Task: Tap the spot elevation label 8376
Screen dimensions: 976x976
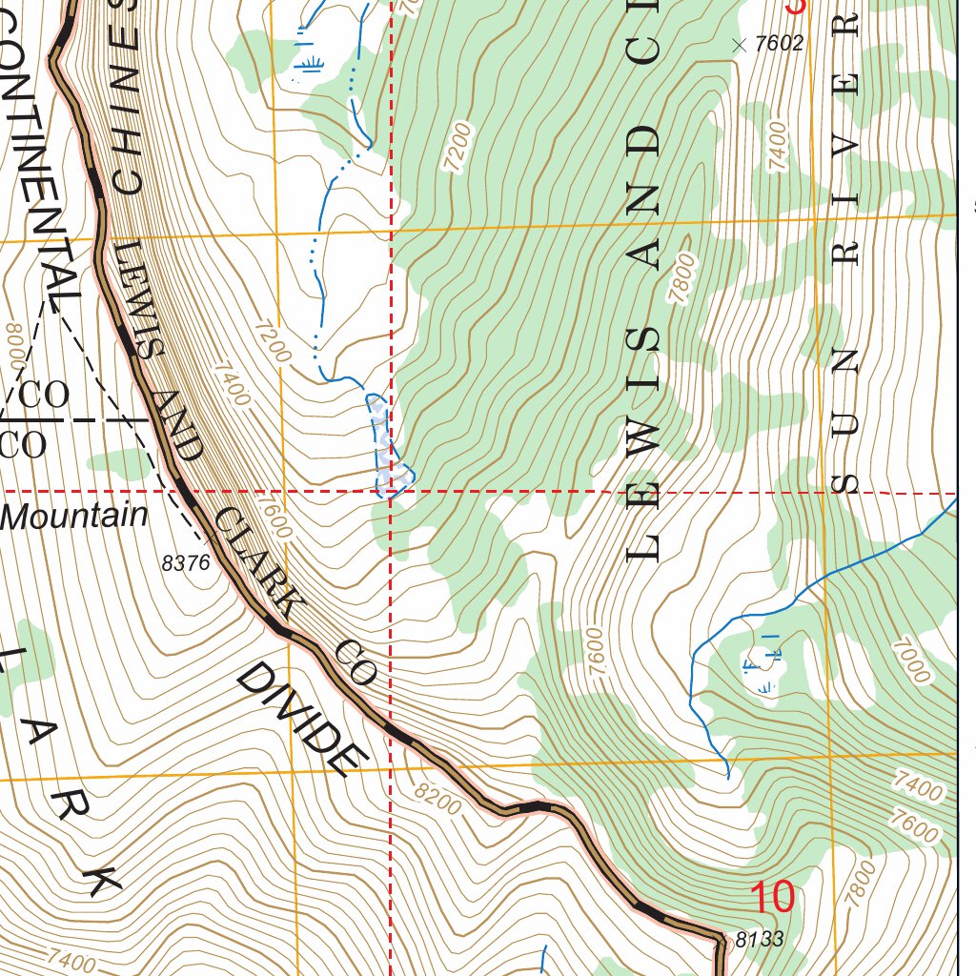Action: pos(186,563)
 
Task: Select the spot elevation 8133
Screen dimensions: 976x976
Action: pos(760,940)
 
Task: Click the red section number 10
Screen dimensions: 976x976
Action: pos(772,898)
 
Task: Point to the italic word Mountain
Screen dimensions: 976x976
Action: pos(74,517)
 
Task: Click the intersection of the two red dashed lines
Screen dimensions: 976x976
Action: pos(391,492)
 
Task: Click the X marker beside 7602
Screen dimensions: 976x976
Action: pos(738,44)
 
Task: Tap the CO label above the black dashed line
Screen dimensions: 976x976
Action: pos(44,396)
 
